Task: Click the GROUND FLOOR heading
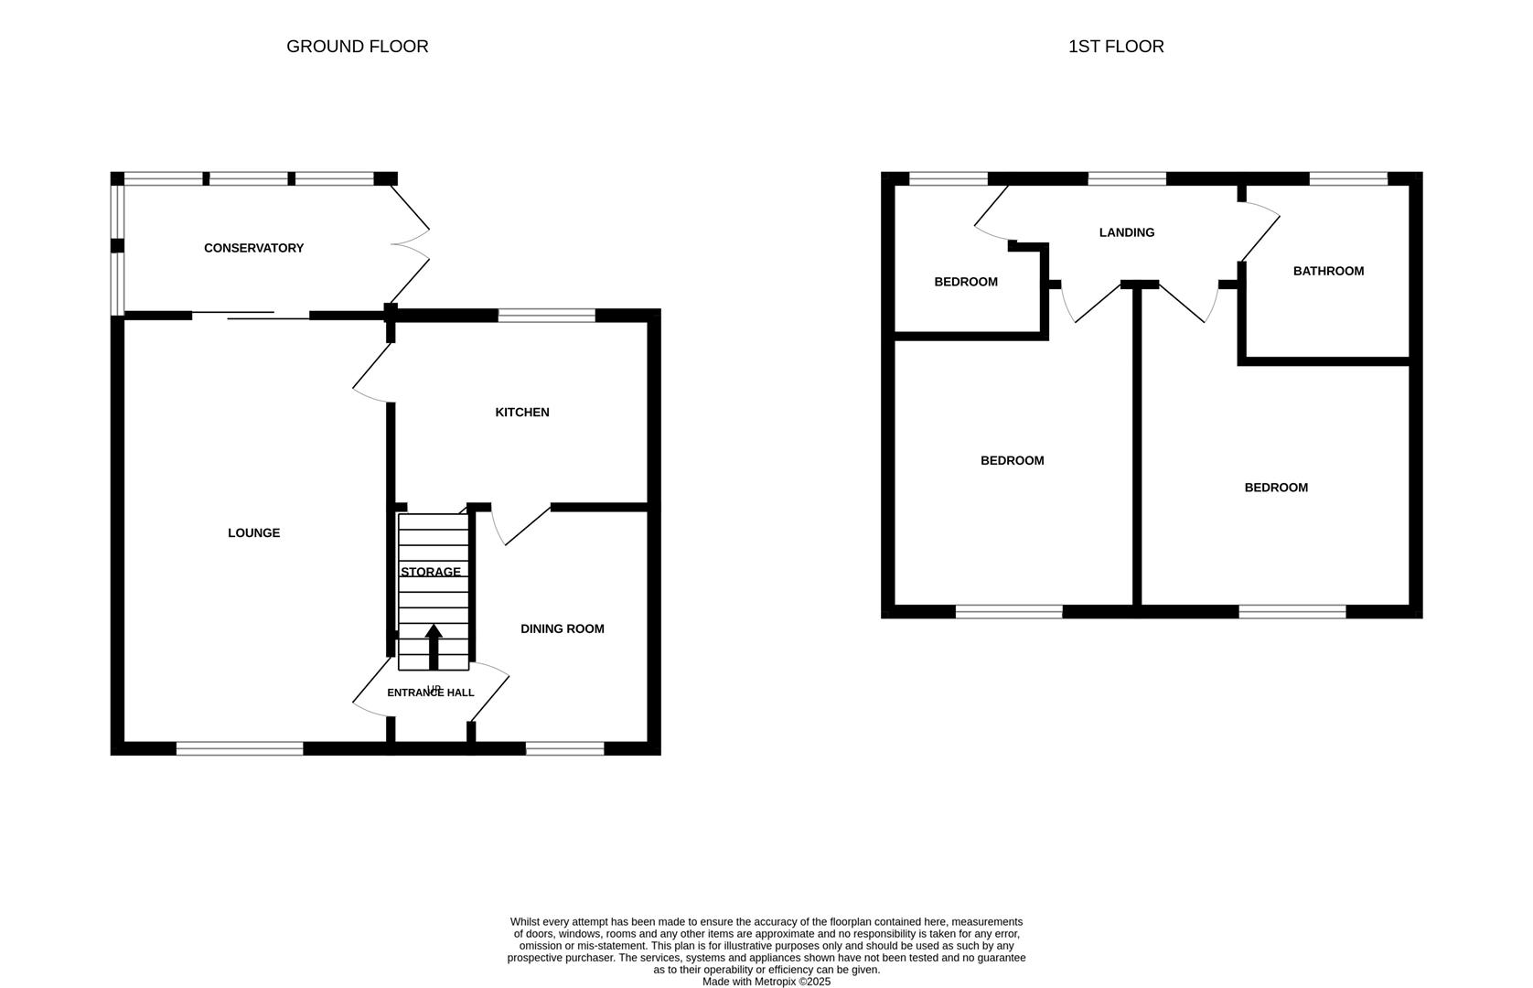[x=357, y=47]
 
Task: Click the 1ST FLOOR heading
[x=1115, y=47]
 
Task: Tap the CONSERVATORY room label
[x=253, y=248]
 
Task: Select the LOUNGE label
[x=253, y=533]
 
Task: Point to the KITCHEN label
[x=521, y=413]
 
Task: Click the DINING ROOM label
[x=562, y=629]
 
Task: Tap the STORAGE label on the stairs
[x=430, y=573]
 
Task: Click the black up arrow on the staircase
[x=434, y=645]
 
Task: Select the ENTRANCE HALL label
[x=430, y=693]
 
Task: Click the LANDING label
[x=1126, y=233]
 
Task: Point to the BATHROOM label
[x=1327, y=272]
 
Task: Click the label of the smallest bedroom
[x=965, y=283]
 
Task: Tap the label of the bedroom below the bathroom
[x=1275, y=489]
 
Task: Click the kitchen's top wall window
[x=546, y=317]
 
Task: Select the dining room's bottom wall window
[x=564, y=749]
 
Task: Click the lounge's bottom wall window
[x=239, y=749]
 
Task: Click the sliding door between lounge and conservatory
[x=252, y=316]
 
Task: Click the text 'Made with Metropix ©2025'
[x=766, y=982]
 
